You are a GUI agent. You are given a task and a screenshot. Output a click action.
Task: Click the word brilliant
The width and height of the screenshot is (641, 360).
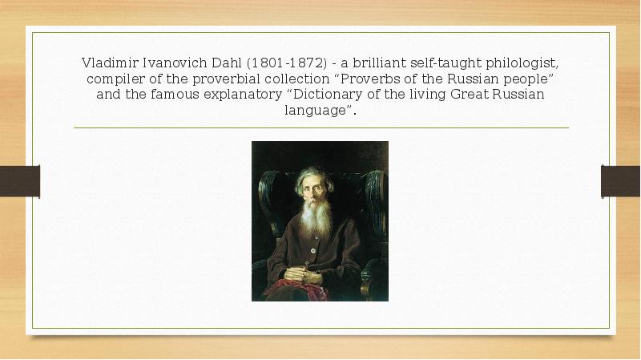(373, 63)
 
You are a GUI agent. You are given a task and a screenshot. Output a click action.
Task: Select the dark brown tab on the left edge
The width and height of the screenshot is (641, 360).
(19, 180)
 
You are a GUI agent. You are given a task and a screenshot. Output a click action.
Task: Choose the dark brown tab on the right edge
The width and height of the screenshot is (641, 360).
(621, 180)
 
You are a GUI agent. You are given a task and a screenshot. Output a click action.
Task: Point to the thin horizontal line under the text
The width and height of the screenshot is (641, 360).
(320, 128)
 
